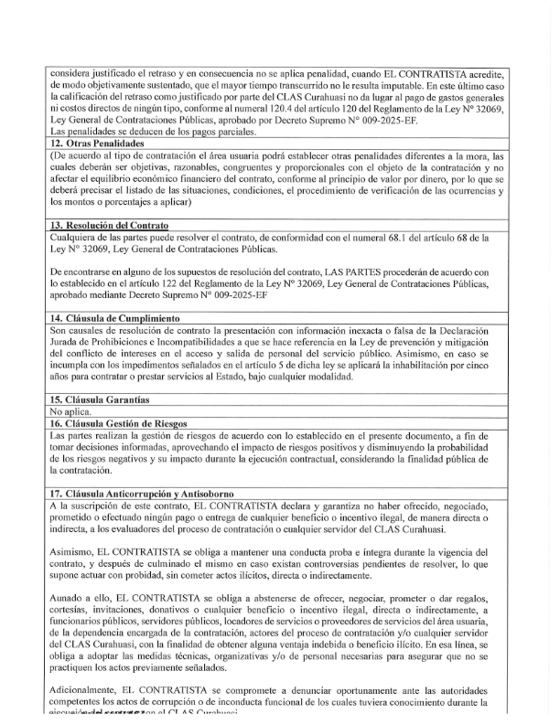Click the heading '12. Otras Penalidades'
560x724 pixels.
tap(97, 144)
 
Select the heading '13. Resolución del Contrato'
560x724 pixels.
tap(109, 225)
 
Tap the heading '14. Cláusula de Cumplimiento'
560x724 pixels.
tap(114, 317)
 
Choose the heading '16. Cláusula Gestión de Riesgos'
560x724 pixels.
tap(119, 423)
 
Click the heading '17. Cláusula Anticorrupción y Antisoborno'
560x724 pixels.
tap(142, 494)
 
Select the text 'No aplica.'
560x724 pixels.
tap(70, 411)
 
